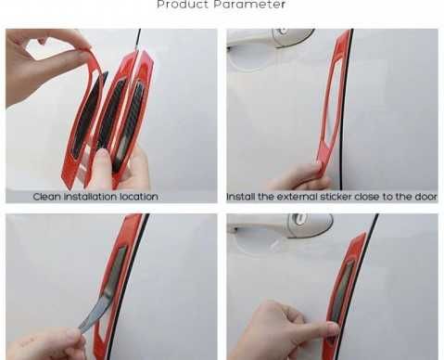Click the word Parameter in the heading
tap(249, 5)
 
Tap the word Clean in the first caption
tap(46, 197)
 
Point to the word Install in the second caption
tap(241, 197)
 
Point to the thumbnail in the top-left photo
tap(101, 156)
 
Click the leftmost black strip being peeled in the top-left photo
tap(88, 113)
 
